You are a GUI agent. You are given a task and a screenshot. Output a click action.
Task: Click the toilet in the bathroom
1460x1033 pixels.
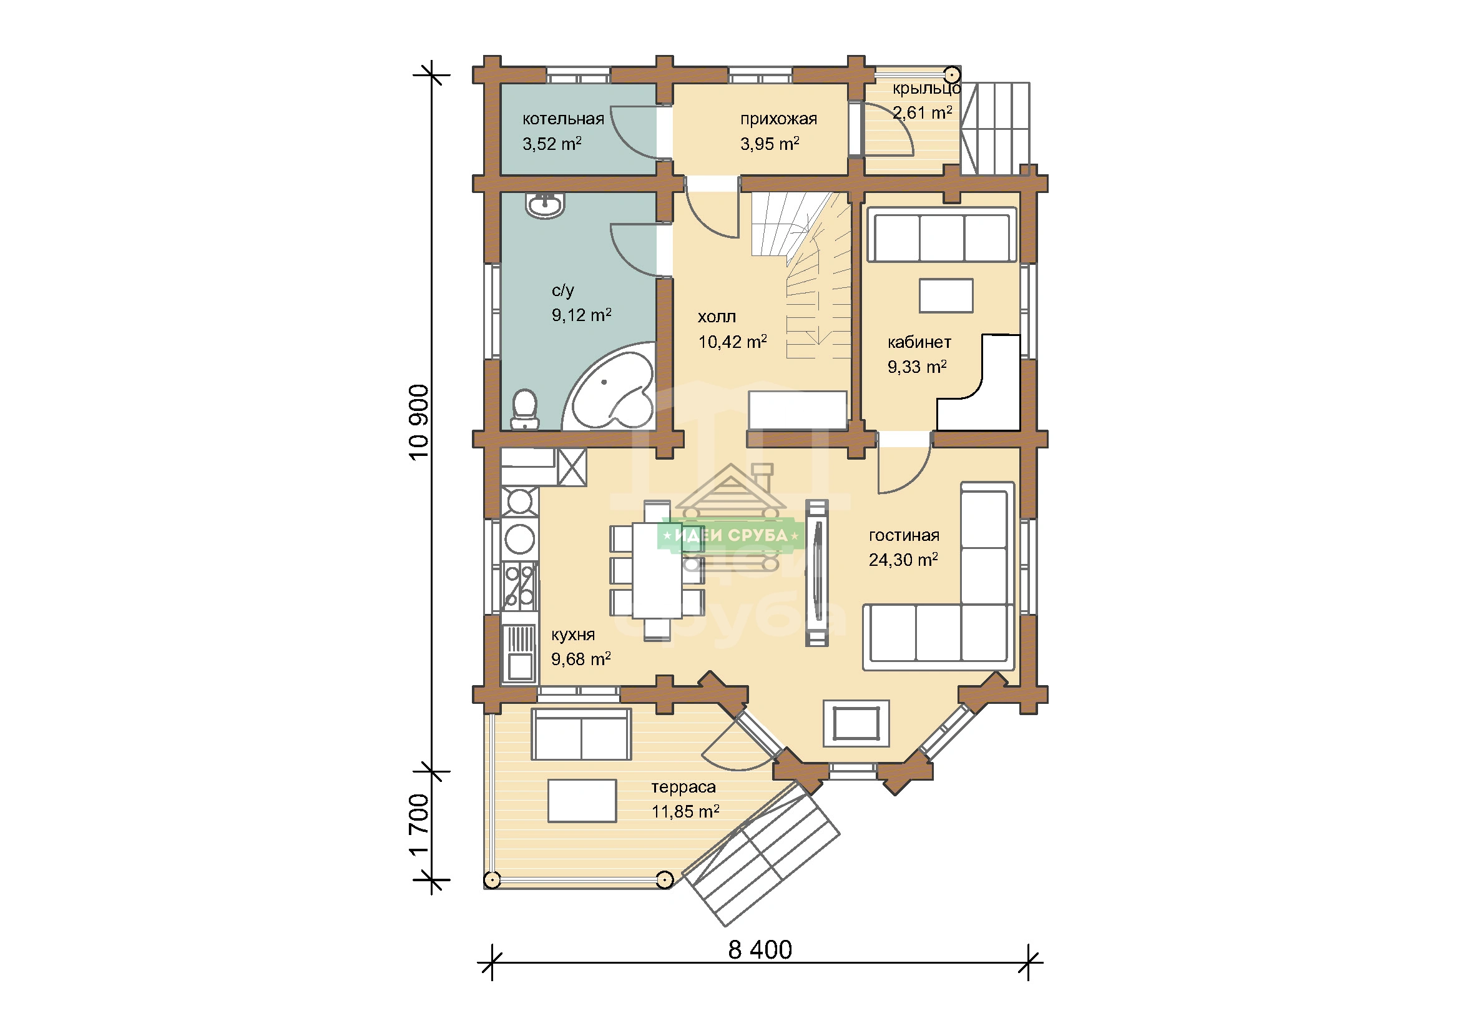tap(524, 409)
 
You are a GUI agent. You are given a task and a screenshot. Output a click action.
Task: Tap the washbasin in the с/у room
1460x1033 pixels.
tap(545, 205)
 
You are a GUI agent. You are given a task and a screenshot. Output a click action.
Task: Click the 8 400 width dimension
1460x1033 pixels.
tap(760, 950)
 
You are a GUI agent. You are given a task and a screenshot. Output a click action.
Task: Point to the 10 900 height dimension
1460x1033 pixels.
tap(419, 422)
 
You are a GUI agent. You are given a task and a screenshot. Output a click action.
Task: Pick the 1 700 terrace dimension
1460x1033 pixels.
tap(419, 825)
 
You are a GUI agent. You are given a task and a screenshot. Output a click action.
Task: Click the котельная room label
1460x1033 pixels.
tap(563, 119)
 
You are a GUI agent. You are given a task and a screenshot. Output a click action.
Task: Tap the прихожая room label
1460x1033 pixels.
tap(778, 119)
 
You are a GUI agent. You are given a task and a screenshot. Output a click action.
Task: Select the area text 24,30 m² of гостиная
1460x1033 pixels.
tap(903, 559)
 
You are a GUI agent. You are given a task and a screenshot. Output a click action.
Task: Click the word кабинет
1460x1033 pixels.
tap(919, 342)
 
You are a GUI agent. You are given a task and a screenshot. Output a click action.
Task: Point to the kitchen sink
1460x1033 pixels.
tap(519, 653)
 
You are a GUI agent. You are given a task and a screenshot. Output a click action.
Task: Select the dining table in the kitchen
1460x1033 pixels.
tap(657, 571)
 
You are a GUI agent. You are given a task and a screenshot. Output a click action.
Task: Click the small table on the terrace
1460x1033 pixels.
tap(582, 801)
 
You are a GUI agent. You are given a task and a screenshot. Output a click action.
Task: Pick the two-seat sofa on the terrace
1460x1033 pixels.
tap(581, 734)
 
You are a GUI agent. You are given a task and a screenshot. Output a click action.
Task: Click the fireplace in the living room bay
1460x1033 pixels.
tap(856, 723)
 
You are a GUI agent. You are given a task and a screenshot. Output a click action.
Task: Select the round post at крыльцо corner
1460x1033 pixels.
tap(952, 74)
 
